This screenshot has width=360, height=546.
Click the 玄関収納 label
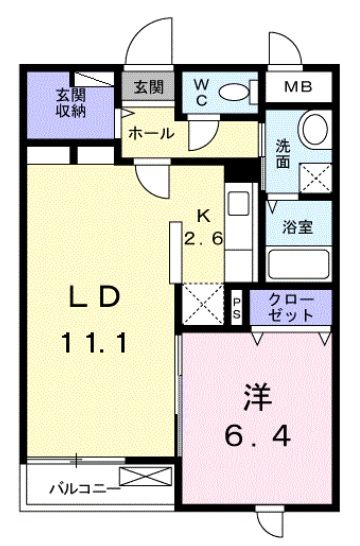70,102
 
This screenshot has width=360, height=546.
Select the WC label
200,91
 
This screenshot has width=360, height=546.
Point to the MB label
297,87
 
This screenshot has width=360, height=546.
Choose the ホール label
152,133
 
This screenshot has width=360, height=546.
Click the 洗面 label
285,152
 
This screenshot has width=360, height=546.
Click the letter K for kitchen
203,214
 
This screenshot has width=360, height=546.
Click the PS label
237,305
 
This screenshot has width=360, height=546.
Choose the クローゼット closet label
291,306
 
